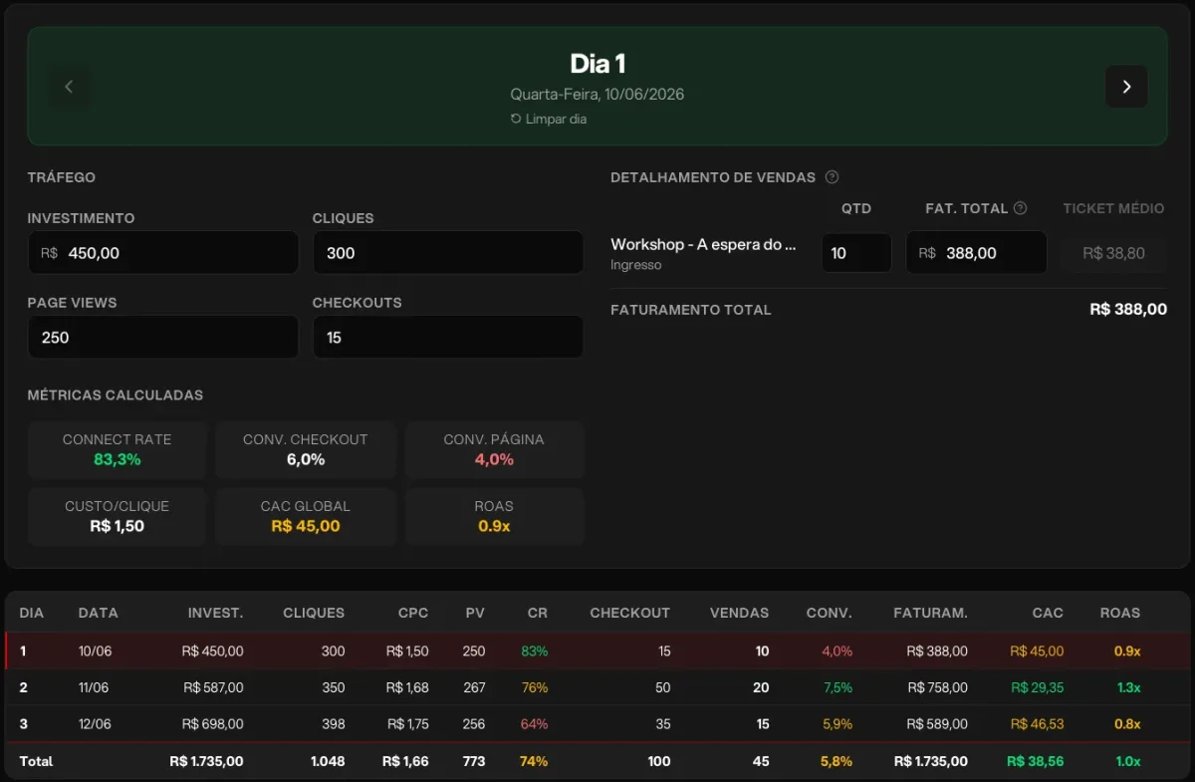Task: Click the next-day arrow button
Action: (1126, 87)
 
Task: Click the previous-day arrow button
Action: (69, 87)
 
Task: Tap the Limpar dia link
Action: (549, 119)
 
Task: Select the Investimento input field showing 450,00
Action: (162, 252)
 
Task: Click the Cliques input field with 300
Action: (447, 252)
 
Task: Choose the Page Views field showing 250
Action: (162, 337)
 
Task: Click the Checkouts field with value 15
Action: (447, 337)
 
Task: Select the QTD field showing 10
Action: (856, 252)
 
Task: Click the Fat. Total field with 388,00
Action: (976, 252)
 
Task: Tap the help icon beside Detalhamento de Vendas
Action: (832, 176)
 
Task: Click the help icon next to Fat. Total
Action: (1020, 207)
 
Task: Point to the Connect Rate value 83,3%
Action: (118, 459)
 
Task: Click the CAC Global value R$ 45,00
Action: (305, 526)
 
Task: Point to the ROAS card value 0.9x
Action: (494, 526)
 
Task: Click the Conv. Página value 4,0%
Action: (494, 459)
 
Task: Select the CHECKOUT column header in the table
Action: (629, 613)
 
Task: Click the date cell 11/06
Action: (94, 687)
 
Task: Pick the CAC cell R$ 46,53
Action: (1037, 724)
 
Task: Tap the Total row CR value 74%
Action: (534, 761)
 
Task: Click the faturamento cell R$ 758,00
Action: (937, 687)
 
